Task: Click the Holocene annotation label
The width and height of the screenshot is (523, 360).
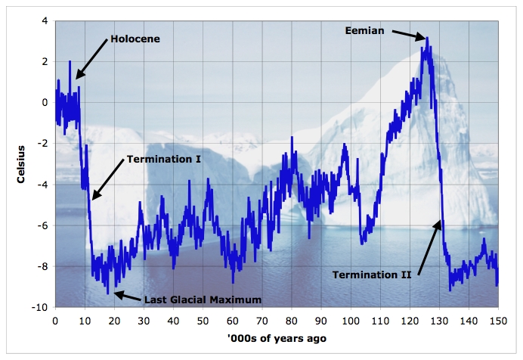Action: click(x=135, y=39)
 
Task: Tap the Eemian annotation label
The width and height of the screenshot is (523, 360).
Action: click(x=366, y=30)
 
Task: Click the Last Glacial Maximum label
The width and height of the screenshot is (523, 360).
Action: click(x=202, y=299)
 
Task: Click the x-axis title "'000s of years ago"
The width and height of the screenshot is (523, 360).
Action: click(x=275, y=338)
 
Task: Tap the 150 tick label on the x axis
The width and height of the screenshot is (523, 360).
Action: click(x=497, y=321)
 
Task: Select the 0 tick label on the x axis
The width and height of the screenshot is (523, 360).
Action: click(x=55, y=321)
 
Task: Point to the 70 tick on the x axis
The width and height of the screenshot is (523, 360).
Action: click(x=261, y=321)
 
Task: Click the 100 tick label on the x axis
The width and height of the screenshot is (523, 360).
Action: click(x=350, y=321)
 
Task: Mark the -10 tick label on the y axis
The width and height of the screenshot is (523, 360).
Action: click(x=39, y=308)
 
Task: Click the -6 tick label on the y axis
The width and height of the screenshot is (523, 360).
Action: click(x=42, y=225)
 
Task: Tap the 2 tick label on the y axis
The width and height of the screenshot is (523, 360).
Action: click(x=45, y=61)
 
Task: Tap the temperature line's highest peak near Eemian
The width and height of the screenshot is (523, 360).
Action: click(x=427, y=38)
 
